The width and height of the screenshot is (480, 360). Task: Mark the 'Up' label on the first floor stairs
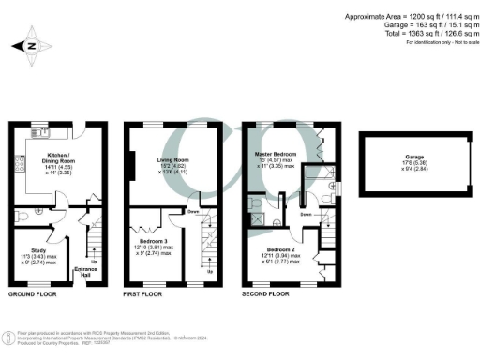(209, 271)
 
